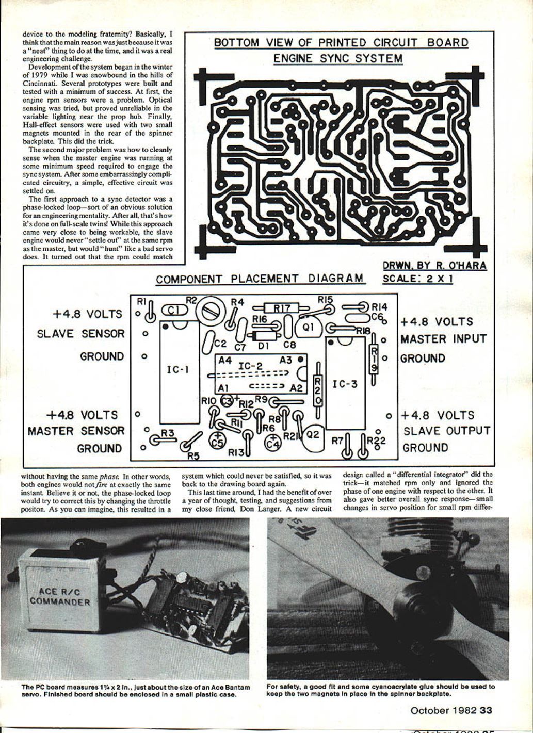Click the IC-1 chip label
click(178, 369)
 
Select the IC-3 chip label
click(345, 384)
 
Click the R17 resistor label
click(282, 308)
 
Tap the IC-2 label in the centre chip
click(251, 366)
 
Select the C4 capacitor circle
click(273, 441)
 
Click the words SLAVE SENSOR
click(81, 334)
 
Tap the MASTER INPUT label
click(443, 339)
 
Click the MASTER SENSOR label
click(76, 431)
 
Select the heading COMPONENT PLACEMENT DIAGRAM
click(260, 279)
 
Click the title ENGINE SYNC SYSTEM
click(338, 58)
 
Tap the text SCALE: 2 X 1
click(418, 279)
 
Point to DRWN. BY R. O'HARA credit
click(434, 266)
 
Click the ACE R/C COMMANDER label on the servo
click(60, 596)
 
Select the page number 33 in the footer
click(486, 710)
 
